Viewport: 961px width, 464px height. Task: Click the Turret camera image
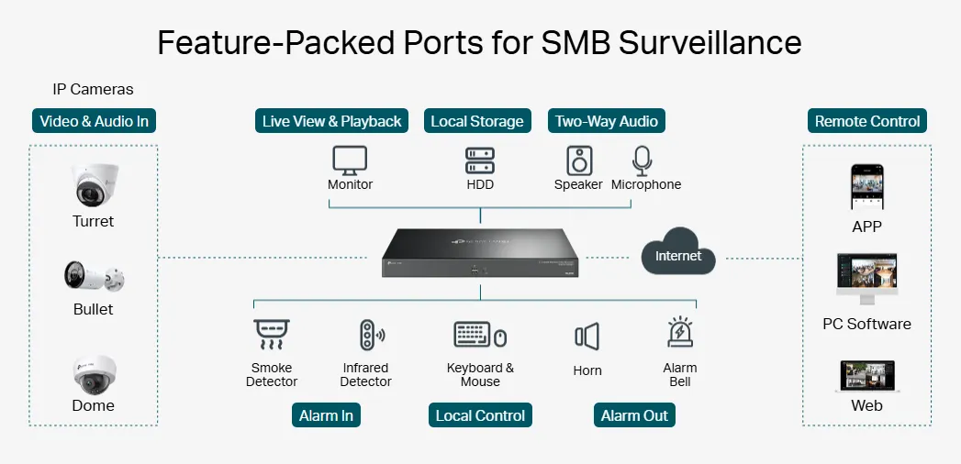[x=94, y=186]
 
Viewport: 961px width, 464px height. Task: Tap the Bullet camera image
[x=94, y=276]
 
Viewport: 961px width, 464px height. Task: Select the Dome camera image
[x=95, y=374]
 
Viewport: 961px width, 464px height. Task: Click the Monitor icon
[x=350, y=160]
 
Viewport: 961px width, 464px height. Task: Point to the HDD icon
[x=479, y=160]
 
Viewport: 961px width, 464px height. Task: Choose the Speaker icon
[x=578, y=160]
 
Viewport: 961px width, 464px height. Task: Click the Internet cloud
[x=678, y=254]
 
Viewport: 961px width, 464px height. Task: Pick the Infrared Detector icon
[x=369, y=336]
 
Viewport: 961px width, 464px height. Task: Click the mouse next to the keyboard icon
[x=500, y=338]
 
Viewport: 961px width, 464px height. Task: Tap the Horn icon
[x=587, y=337]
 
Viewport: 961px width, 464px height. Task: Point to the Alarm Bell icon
[x=680, y=335]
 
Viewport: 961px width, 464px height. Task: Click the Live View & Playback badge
[x=331, y=121]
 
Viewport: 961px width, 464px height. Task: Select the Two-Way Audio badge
[x=607, y=121]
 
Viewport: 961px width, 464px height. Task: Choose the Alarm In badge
[x=326, y=415]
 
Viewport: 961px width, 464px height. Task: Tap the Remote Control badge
[x=867, y=121]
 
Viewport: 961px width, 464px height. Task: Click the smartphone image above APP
[x=866, y=189]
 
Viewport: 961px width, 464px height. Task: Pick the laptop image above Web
[x=866, y=377]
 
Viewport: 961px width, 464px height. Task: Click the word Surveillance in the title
[x=710, y=42]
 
